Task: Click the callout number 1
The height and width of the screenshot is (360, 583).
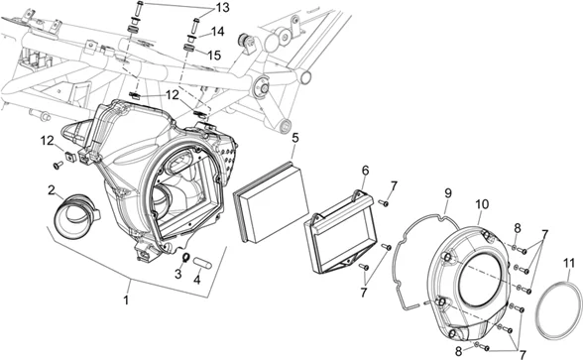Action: pyautogui.click(x=126, y=300)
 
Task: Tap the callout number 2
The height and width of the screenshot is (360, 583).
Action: pyautogui.click(x=52, y=189)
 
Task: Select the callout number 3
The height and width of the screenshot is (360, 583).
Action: pyautogui.click(x=178, y=274)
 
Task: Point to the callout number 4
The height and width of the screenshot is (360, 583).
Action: pyautogui.click(x=197, y=280)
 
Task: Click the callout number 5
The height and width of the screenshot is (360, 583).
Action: pyautogui.click(x=294, y=138)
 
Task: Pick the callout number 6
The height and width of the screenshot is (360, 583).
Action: pyautogui.click(x=366, y=171)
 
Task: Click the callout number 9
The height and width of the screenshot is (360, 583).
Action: pyautogui.click(x=448, y=193)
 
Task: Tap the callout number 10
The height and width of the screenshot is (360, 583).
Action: pyautogui.click(x=482, y=204)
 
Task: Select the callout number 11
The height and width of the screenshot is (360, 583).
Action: pyautogui.click(x=569, y=264)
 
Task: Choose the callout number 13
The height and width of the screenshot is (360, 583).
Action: pyautogui.click(x=223, y=8)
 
